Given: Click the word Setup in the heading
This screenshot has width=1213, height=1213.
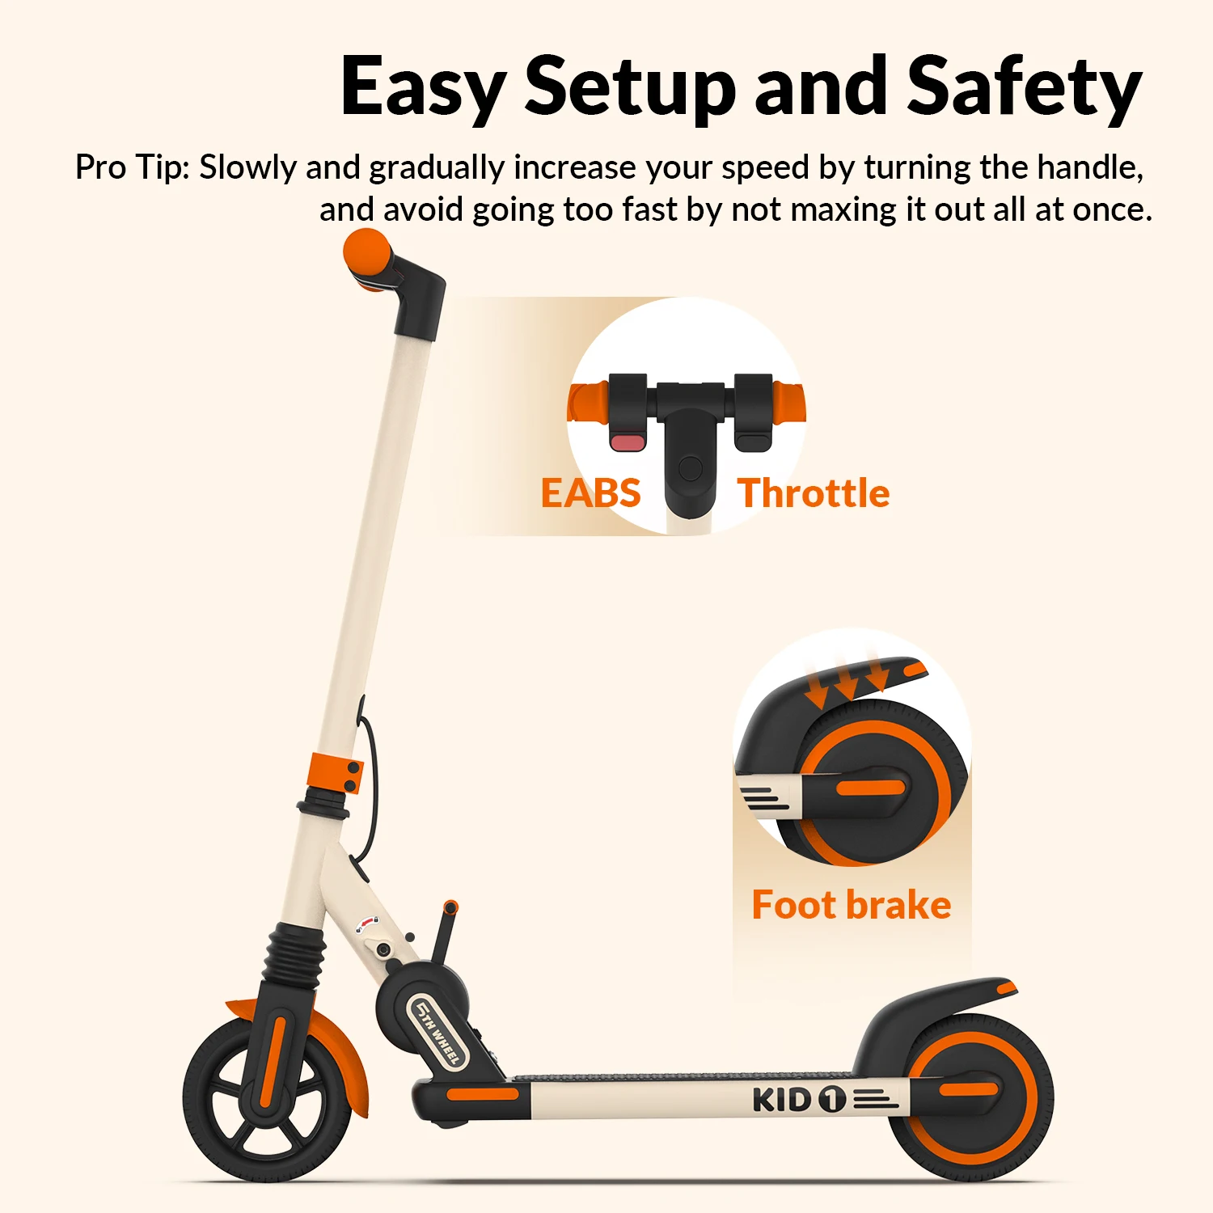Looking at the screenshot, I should click(x=630, y=87).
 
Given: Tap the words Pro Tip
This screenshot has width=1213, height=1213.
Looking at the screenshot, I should click(x=132, y=167).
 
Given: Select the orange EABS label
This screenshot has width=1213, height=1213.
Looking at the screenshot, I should click(x=590, y=493).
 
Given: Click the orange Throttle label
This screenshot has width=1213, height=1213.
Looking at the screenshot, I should click(x=814, y=493).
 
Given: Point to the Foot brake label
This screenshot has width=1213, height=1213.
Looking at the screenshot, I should click(x=851, y=905).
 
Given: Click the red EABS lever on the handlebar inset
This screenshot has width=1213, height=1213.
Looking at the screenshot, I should click(x=628, y=442).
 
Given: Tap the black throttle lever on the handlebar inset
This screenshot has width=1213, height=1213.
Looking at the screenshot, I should click(x=753, y=442).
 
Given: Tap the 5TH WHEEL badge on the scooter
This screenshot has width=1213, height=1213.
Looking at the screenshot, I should click(x=437, y=1031).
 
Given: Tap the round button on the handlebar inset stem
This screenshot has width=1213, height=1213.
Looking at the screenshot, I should click(x=691, y=467).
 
